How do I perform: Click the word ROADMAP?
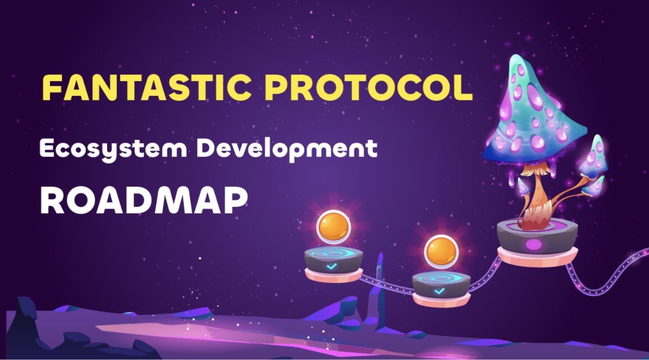tap(143, 201)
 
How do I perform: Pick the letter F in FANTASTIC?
tap(50, 88)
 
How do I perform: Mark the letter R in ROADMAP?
tap(51, 201)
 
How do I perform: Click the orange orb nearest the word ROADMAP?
tap(333, 227)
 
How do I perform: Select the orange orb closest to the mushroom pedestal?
tap(441, 251)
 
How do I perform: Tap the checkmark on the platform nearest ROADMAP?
tap(332, 267)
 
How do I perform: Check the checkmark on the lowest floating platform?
tap(439, 291)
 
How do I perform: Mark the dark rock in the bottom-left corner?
tap(28, 327)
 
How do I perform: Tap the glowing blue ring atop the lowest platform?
tap(441, 279)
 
